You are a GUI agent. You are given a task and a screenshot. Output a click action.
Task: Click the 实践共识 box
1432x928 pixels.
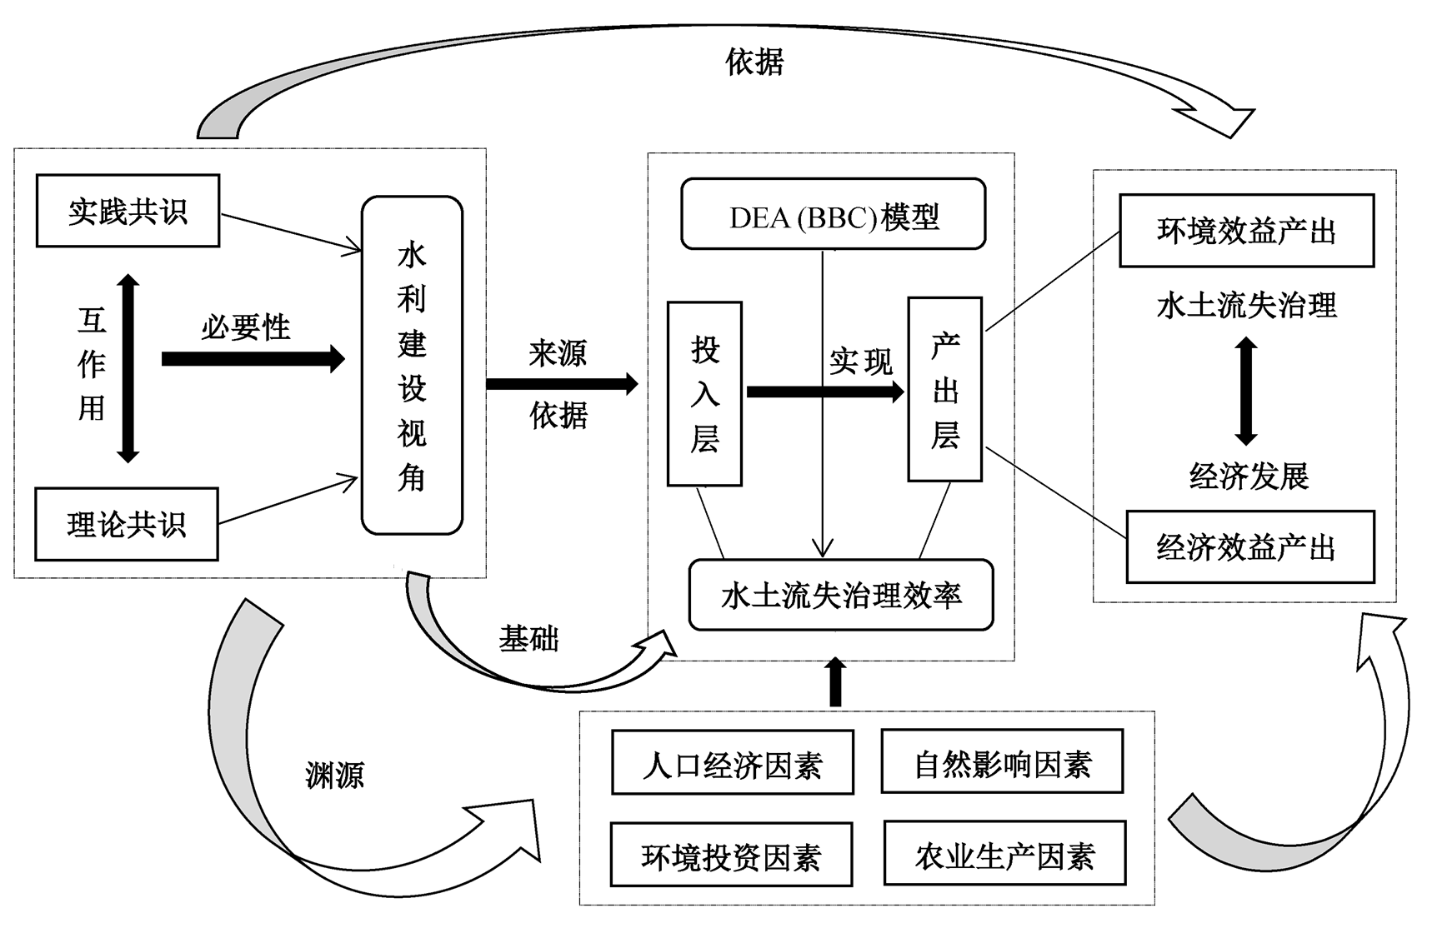click(x=128, y=211)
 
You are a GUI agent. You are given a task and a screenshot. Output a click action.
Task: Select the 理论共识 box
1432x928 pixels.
click(x=126, y=524)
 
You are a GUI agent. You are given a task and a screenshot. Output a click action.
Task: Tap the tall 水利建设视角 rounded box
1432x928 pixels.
click(x=412, y=365)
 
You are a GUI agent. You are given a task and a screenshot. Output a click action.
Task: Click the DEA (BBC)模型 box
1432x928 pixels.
click(x=834, y=214)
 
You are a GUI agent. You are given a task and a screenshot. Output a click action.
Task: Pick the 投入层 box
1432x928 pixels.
click(x=704, y=393)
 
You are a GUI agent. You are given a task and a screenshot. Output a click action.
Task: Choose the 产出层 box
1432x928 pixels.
click(x=944, y=389)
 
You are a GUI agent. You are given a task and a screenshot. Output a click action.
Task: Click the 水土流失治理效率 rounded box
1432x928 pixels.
click(x=840, y=595)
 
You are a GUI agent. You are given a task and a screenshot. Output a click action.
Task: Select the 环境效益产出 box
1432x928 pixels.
click(x=1246, y=231)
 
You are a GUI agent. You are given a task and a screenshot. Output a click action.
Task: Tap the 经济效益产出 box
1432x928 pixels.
click(x=1249, y=546)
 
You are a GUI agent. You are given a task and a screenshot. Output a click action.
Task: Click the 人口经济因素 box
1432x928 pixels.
click(x=733, y=763)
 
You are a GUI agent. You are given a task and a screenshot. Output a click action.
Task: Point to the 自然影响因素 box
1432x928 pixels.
click(x=1002, y=761)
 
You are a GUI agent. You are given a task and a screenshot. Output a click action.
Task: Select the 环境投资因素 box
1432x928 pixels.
click(x=731, y=855)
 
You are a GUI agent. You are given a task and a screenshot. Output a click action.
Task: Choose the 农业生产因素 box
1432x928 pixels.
click(x=1004, y=853)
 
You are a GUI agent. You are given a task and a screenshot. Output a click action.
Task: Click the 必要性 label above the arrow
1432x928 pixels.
click(x=246, y=327)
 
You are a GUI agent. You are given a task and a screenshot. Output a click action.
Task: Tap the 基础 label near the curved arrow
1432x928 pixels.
click(x=528, y=639)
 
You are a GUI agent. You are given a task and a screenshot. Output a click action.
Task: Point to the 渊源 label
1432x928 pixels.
click(x=334, y=775)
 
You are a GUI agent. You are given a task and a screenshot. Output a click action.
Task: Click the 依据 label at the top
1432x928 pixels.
click(x=754, y=62)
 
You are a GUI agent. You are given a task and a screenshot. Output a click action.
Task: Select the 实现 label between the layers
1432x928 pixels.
click(x=861, y=362)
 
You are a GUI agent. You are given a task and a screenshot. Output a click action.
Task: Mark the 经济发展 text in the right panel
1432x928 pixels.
click(x=1248, y=476)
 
